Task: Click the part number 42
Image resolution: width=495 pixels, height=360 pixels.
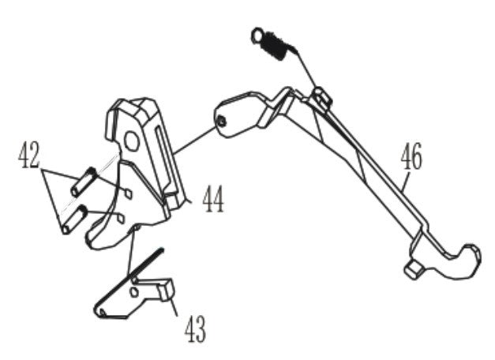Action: [29, 155]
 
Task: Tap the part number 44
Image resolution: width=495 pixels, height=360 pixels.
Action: [213, 199]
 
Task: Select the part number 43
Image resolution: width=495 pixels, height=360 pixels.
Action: [195, 329]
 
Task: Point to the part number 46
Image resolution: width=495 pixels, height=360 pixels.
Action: [411, 156]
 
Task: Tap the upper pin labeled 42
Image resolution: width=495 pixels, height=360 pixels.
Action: [84, 182]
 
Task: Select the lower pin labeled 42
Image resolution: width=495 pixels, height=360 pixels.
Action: [74, 219]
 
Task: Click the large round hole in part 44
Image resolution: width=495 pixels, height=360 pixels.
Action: [131, 141]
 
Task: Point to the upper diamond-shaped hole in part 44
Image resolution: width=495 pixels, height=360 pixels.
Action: [128, 193]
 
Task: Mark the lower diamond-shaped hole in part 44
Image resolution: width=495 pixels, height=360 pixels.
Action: [122, 219]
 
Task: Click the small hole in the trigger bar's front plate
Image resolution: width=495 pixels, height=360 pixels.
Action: [222, 122]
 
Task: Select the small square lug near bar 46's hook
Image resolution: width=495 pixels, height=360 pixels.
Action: [414, 270]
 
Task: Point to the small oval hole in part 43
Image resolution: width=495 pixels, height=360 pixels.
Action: [135, 292]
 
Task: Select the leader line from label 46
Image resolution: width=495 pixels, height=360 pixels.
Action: [405, 182]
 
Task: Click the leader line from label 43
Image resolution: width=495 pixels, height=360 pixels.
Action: [172, 306]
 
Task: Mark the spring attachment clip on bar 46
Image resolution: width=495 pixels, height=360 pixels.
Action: [322, 96]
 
